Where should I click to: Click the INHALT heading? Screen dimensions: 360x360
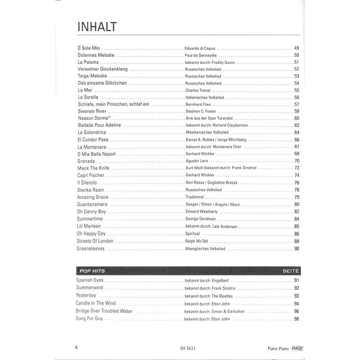coord(97,27)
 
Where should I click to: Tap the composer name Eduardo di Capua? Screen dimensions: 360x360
coord(200,48)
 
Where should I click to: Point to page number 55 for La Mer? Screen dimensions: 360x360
coord(297,90)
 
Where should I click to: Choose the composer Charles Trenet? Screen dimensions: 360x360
coord(198,90)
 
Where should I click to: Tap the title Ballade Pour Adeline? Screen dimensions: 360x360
coord(99,125)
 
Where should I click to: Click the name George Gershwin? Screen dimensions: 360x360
coord(200,219)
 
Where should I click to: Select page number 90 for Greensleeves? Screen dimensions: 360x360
coord(297,248)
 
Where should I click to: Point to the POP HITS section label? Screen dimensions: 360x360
coord(92,271)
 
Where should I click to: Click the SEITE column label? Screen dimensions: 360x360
coord(291,271)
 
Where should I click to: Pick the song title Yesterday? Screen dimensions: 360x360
coord(86,295)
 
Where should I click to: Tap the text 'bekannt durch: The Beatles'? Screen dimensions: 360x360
coord(209,296)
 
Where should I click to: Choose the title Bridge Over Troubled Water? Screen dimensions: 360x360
coord(104,311)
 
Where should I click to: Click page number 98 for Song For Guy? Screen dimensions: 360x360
coord(297,319)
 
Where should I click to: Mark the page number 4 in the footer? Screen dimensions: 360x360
coord(76,346)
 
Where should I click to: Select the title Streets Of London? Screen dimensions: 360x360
coord(95,241)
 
